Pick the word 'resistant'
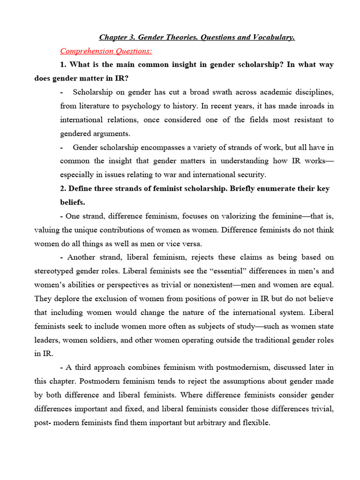303,120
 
